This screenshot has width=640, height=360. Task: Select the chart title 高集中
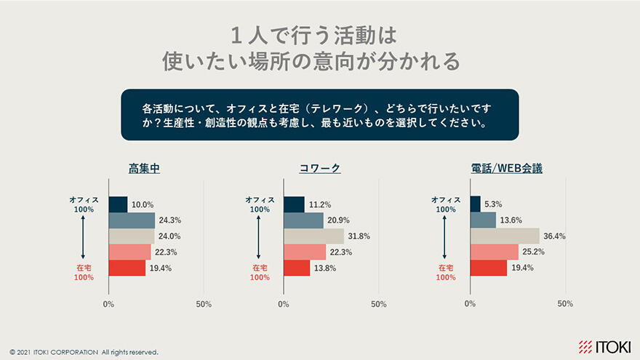click(144, 169)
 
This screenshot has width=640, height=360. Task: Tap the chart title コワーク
click(320, 169)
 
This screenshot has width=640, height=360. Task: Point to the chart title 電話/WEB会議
click(506, 169)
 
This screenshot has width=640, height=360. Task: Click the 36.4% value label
click(555, 236)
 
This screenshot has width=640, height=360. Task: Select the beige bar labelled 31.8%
click(313, 236)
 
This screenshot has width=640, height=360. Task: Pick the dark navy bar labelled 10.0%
click(118, 204)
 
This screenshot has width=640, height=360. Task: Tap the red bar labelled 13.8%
click(297, 268)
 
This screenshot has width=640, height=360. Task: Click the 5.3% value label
click(494, 204)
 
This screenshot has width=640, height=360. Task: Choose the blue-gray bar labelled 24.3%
click(132, 220)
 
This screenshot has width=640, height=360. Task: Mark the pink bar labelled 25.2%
click(494, 252)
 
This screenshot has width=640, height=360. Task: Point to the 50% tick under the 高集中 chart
click(204, 304)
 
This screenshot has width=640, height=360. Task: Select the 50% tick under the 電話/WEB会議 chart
click(565, 304)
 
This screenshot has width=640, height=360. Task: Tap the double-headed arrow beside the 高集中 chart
click(84, 238)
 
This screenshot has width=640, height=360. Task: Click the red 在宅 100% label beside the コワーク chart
click(260, 273)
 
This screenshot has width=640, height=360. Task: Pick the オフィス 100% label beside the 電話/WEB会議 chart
click(447, 204)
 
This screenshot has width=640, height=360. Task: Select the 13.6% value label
click(511, 220)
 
